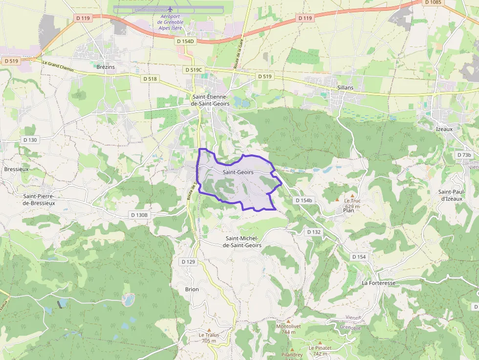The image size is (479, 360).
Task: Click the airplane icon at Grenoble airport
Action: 170,9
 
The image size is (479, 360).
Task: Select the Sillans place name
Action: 345,87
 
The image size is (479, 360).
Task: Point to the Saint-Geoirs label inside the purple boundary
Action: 238,172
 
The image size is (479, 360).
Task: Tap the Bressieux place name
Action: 16,169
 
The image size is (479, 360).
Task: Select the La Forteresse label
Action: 378,283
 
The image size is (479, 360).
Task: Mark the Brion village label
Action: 192,289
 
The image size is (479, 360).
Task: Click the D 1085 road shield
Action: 433,2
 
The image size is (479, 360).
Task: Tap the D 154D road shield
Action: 185,42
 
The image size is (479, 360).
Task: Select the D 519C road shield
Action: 194,70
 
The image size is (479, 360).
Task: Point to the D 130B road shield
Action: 139,215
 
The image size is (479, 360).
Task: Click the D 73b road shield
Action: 464,155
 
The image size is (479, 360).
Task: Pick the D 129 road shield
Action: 188,262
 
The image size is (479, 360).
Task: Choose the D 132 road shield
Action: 314,232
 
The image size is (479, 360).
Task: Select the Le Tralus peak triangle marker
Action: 209,330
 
